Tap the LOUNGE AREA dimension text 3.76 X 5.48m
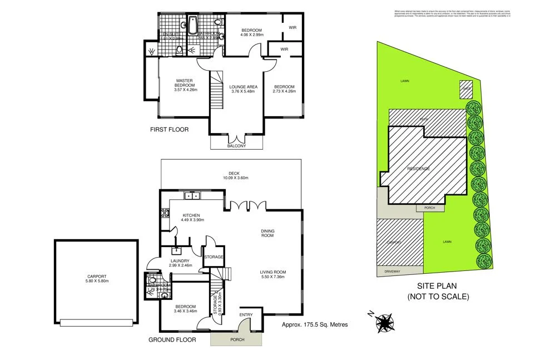point(242,91)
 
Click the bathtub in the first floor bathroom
point(192,24)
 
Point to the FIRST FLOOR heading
point(170,130)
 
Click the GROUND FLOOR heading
point(171,339)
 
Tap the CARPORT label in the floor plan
point(96,276)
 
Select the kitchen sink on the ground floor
point(192,195)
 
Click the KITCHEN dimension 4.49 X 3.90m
point(192,220)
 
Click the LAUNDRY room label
point(180,260)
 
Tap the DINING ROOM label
point(268,233)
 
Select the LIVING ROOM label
point(272,272)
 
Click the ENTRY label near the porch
point(246,315)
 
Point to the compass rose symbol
point(384,322)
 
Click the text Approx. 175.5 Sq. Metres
point(315,324)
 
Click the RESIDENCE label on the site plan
point(418,168)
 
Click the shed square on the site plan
point(465,88)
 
